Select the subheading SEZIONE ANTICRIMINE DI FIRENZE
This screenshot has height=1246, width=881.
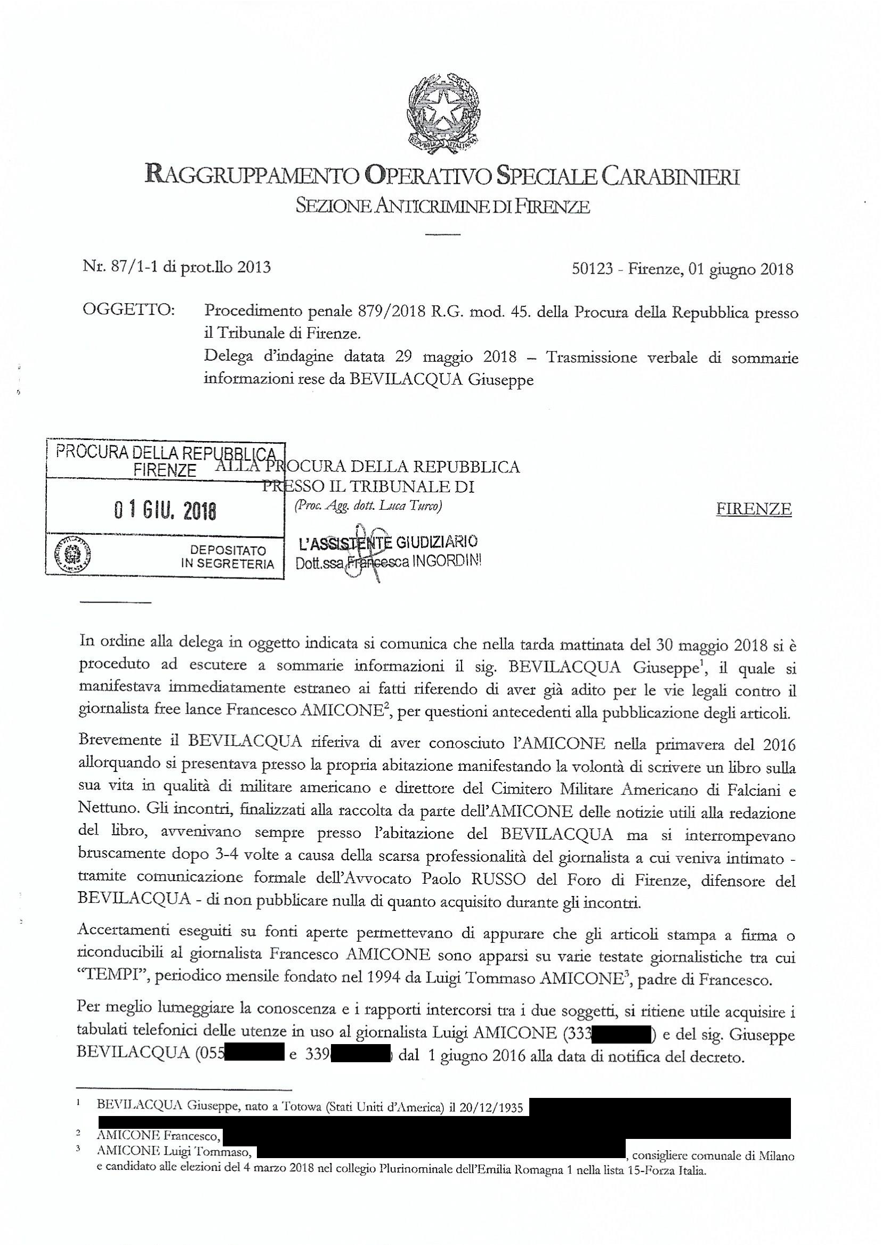point(442,206)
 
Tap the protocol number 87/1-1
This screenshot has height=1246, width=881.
point(121,267)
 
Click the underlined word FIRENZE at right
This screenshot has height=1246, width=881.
point(754,509)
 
